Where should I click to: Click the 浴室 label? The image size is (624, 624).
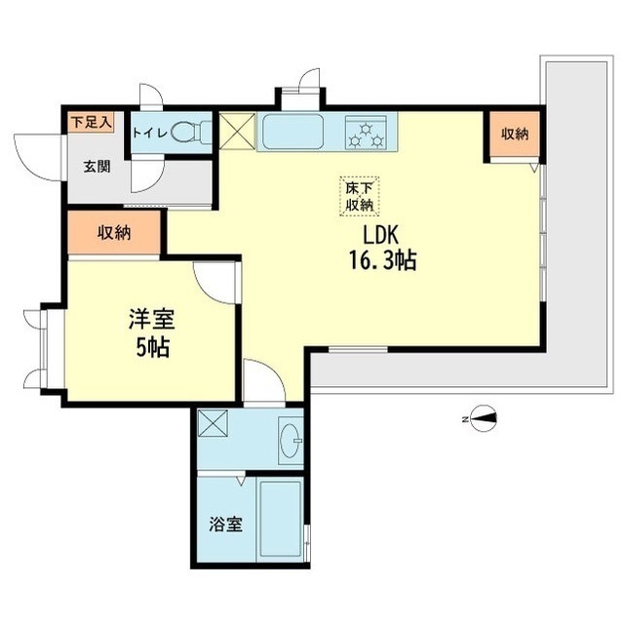[226, 525]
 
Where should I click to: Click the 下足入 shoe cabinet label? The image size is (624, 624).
[91, 122]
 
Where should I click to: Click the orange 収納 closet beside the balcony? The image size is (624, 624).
[516, 135]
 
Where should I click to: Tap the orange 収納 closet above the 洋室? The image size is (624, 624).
[115, 233]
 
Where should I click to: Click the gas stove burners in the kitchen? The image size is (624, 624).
[369, 133]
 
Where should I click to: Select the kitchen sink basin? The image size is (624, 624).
[292, 133]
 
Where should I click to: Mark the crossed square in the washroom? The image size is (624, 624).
[213, 425]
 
